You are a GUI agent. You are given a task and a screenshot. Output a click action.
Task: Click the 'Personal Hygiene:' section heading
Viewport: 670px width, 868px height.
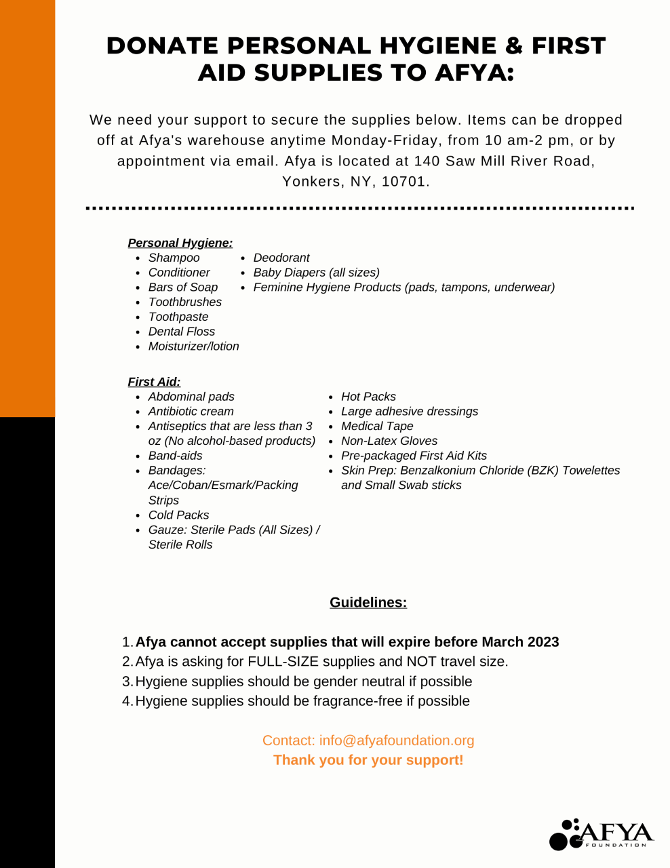coord(180,243)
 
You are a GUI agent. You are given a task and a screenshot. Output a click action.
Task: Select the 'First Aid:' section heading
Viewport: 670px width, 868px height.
coord(154,382)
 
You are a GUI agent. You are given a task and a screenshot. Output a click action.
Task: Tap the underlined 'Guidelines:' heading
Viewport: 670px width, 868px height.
coord(368,602)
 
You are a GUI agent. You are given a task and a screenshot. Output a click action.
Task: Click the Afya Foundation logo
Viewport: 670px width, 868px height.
coord(601,834)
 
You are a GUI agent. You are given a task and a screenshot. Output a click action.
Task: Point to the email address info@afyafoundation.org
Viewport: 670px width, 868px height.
coord(397,741)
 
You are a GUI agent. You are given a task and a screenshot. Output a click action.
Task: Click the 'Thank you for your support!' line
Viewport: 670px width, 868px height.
coord(368,760)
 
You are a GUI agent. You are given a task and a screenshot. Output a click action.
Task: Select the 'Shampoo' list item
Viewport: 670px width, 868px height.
coord(174,258)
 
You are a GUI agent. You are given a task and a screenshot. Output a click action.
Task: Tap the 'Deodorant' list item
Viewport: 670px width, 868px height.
coord(281,258)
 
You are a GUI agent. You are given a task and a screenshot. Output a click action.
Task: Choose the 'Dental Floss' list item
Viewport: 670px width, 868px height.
coord(181,332)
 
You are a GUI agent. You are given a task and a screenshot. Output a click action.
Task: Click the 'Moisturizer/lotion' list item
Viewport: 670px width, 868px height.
coord(193,347)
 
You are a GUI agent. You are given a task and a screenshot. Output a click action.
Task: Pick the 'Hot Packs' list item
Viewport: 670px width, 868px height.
coord(368,397)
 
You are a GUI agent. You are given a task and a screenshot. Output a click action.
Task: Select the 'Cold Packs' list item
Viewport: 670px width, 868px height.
coord(178,515)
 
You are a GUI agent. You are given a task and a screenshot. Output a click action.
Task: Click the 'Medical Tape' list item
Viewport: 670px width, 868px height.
coord(377,427)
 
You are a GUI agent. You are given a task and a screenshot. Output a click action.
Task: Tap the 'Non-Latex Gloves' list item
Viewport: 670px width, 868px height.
coord(389,441)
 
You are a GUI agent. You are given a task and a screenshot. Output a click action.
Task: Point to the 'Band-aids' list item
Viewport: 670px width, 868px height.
coord(175,456)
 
